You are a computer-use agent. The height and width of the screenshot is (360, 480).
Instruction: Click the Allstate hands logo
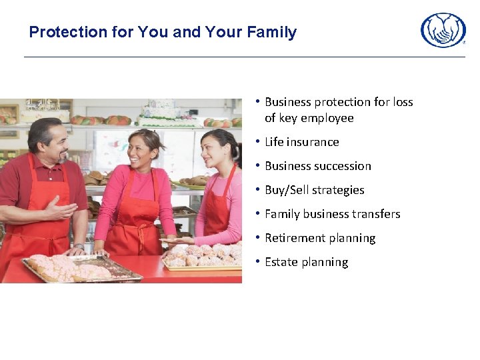443,30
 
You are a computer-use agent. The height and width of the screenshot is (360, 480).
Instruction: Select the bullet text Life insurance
301,142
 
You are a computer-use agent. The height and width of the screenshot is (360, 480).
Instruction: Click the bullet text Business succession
317,166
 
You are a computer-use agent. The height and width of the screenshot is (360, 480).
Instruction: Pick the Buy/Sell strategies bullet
314,190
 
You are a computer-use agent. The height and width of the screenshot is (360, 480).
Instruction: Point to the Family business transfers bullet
332,214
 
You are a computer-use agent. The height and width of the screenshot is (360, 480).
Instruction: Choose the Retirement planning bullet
320,238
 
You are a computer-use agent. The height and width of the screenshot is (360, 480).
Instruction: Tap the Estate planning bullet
306,262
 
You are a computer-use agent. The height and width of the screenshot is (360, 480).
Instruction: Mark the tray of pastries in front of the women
202,257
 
